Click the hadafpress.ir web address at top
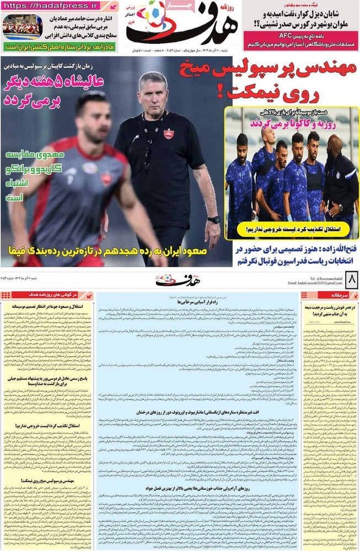coord(52,6)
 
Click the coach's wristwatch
coord(214,220)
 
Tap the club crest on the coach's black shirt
coord(168,134)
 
